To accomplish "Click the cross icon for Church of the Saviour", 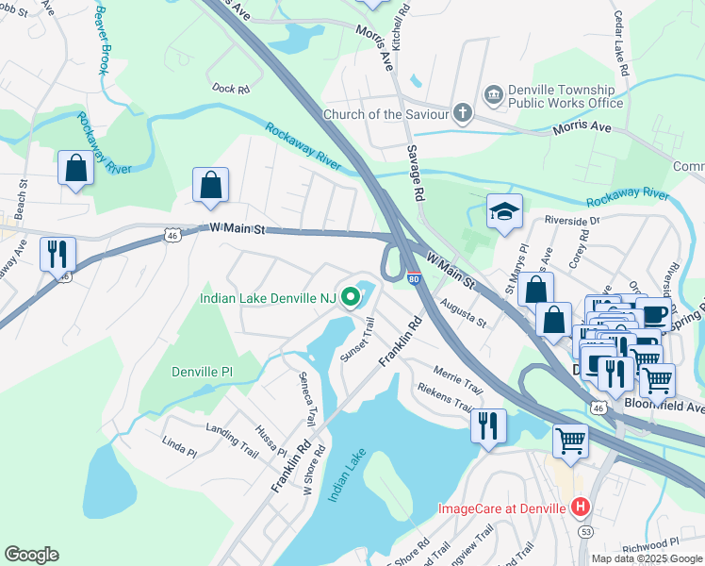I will pyautogui.click(x=462, y=114).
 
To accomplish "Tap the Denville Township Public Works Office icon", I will pyautogui.click(x=493, y=95).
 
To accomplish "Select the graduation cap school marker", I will pyautogui.click(x=504, y=212).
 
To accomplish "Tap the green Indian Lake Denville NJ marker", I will pyautogui.click(x=352, y=298).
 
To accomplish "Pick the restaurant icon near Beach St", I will pyautogui.click(x=57, y=253).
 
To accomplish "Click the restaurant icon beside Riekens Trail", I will pyautogui.click(x=488, y=425).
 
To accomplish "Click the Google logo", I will pyautogui.click(x=31, y=554).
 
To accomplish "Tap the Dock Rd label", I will pyautogui.click(x=230, y=90).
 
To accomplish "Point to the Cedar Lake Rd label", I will pyautogui.click(x=645, y=44).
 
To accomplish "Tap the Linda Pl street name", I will pyautogui.click(x=179, y=446).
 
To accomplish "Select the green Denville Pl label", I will pyautogui.click(x=202, y=372).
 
